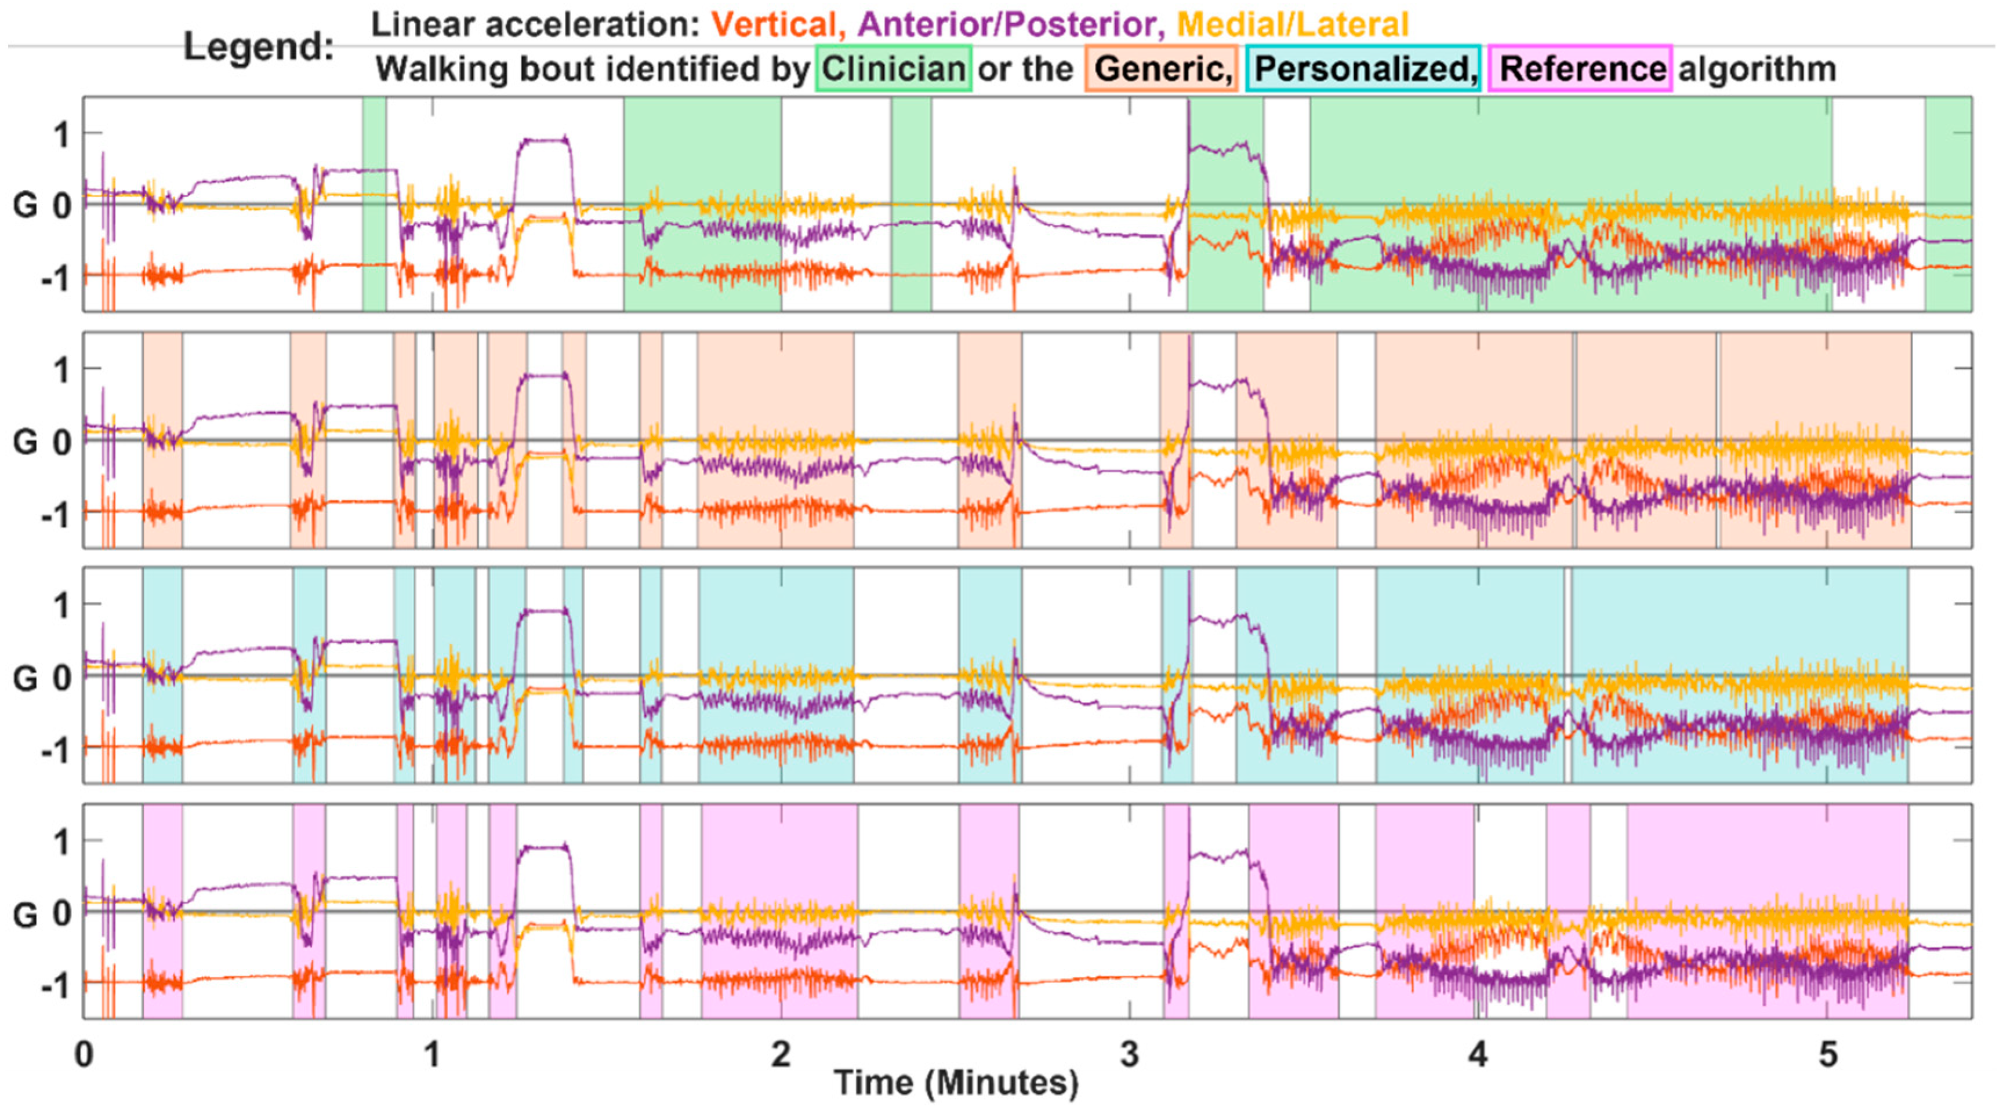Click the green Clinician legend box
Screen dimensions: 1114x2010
894,68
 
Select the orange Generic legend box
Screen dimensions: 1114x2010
1161,68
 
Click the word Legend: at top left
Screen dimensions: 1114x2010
258,47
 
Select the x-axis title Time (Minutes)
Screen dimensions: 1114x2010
956,1083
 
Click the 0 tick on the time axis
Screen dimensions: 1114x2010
84,1055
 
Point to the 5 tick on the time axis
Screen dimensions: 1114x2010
1827,1055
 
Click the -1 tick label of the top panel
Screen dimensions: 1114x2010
55,277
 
